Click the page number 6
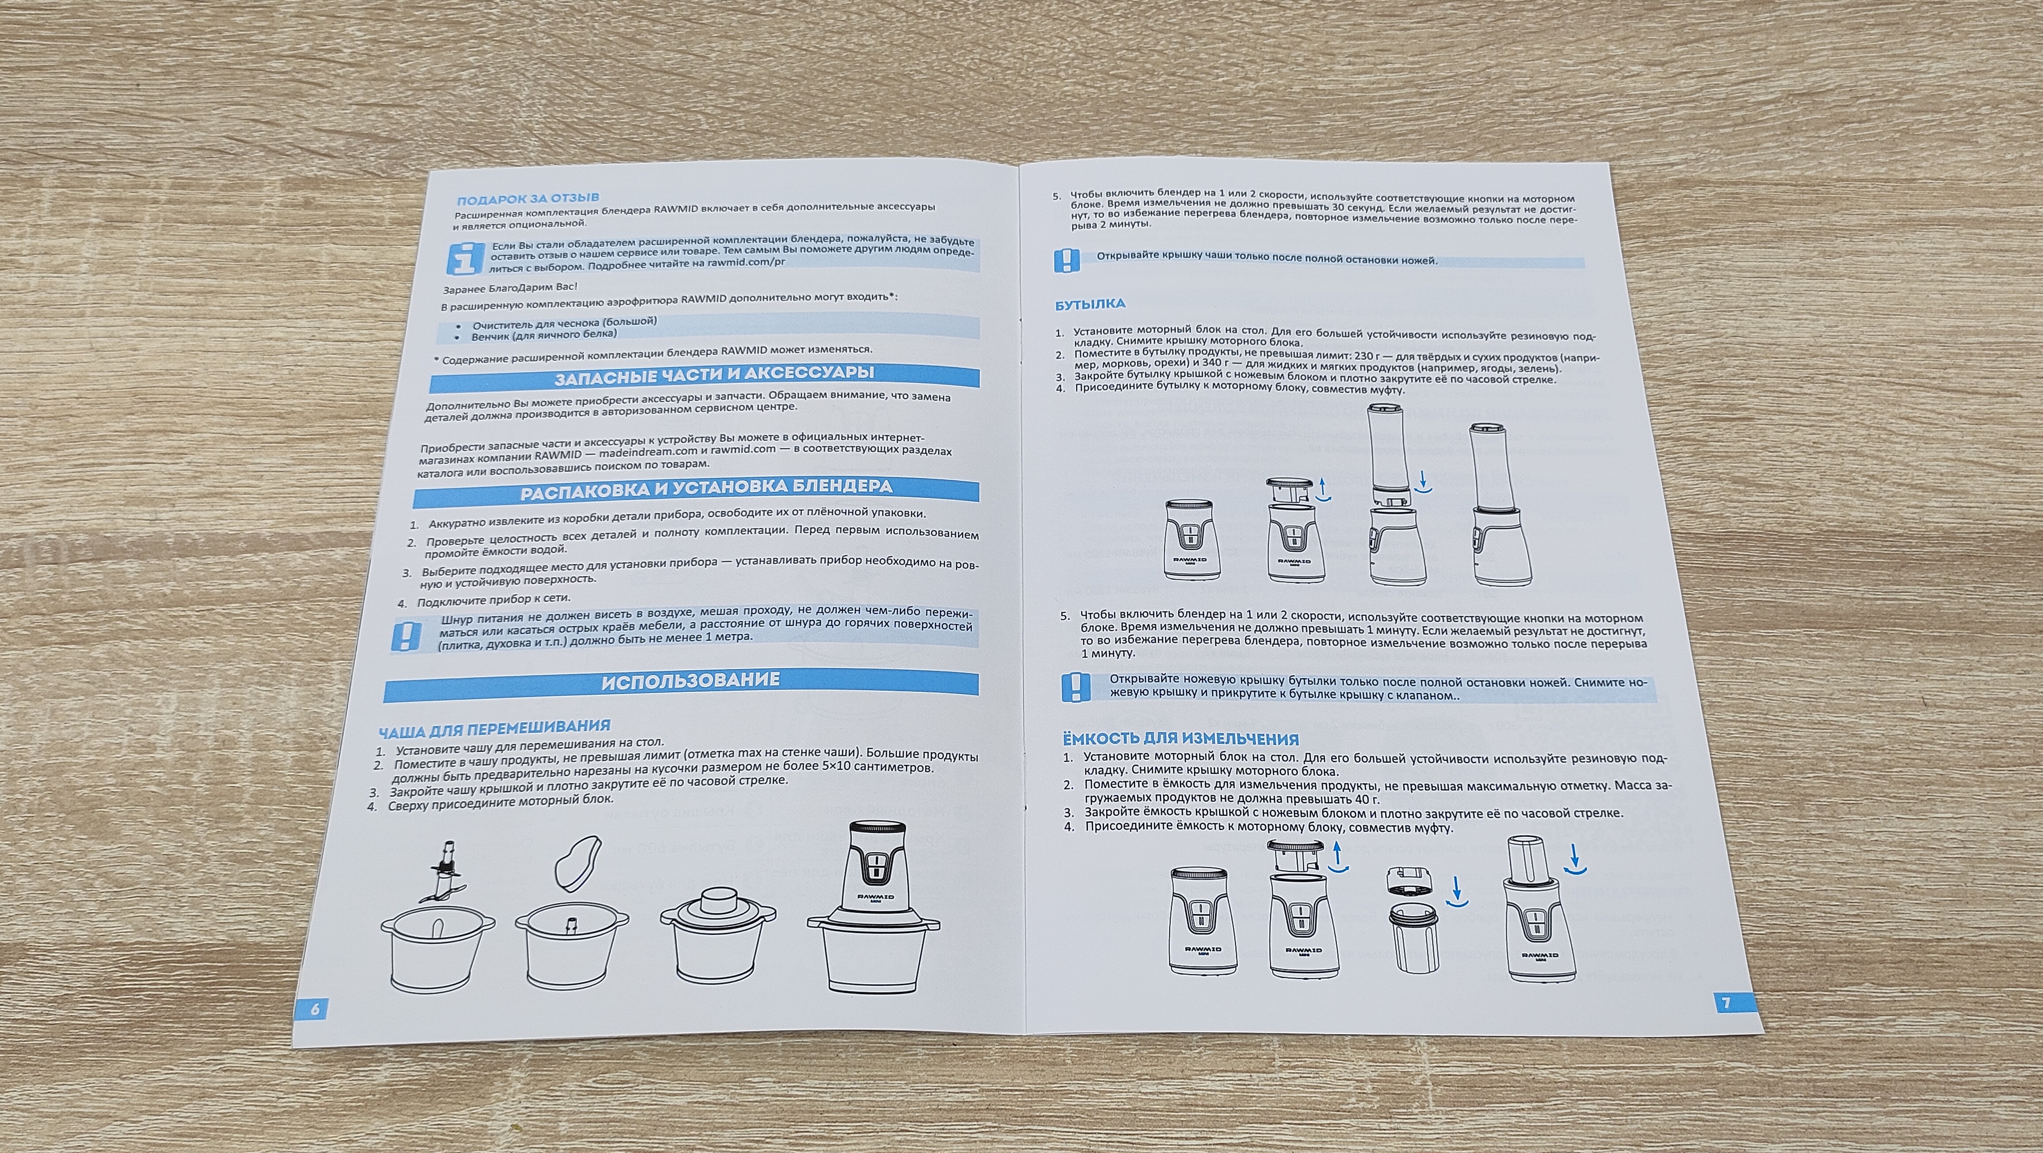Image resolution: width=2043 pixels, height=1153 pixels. coord(315,1009)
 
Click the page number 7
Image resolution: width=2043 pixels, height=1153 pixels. coord(1726,1002)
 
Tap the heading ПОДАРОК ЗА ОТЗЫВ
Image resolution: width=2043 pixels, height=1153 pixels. coord(528,199)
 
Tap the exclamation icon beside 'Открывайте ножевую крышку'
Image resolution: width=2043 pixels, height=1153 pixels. coord(1075,687)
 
